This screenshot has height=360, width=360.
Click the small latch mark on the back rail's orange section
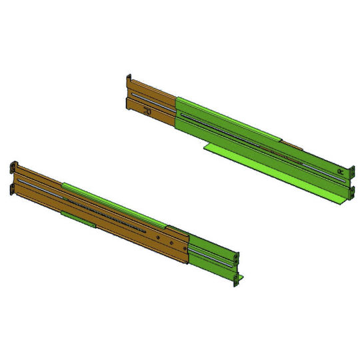click(x=149, y=111)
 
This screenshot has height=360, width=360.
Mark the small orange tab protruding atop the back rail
click(x=291, y=143)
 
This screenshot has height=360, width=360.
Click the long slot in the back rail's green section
click(x=253, y=140)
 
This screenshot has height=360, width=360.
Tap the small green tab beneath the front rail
click(x=77, y=215)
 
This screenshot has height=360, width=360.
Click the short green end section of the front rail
click(x=210, y=257)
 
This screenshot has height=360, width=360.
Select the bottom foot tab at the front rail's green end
click(x=235, y=280)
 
